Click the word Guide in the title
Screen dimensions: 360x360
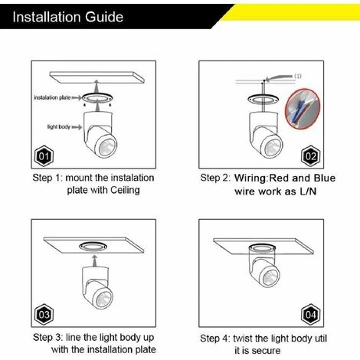pyautogui.click(x=104, y=17)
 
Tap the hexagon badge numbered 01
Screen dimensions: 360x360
pyautogui.click(x=44, y=155)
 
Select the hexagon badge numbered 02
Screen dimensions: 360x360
pyautogui.click(x=311, y=155)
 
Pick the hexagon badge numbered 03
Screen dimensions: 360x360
pyautogui.click(x=44, y=314)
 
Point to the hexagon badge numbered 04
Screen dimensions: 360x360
pyautogui.click(x=311, y=314)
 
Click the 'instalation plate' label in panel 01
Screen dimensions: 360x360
pyautogui.click(x=52, y=97)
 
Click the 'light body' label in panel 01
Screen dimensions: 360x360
pyautogui.click(x=59, y=127)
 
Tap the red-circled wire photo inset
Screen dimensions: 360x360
pyautogui.click(x=303, y=109)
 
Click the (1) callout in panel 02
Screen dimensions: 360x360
pyautogui.click(x=298, y=76)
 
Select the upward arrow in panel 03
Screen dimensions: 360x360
pyautogui.click(x=95, y=260)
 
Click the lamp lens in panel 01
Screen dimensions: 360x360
pyautogui.click(x=107, y=147)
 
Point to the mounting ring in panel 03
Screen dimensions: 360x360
pyautogui.click(x=93, y=247)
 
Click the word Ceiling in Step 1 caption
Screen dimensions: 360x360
pyautogui.click(x=125, y=190)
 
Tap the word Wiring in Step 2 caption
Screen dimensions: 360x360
pyautogui.click(x=250, y=178)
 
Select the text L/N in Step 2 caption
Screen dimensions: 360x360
pyautogui.click(x=308, y=191)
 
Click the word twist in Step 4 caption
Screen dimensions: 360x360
pyautogui.click(x=243, y=339)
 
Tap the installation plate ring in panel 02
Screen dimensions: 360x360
pyautogui.click(x=263, y=99)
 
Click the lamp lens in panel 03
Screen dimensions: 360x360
pyautogui.click(x=103, y=299)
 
